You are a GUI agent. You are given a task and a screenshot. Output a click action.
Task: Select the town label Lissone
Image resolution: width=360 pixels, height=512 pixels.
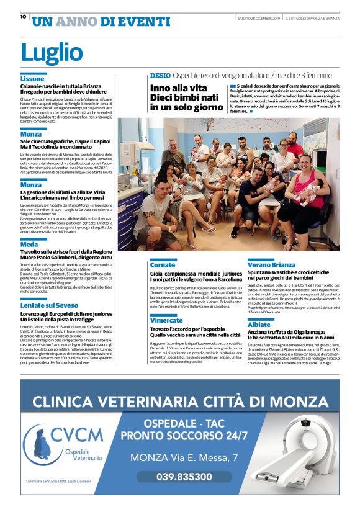pos(32,79)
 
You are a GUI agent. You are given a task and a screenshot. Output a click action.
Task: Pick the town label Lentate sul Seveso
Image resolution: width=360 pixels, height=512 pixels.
pos(49,305)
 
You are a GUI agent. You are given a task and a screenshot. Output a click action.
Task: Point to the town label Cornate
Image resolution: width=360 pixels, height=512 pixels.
pos(163,265)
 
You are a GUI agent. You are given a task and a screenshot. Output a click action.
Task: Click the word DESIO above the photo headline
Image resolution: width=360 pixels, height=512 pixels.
pos(159,75)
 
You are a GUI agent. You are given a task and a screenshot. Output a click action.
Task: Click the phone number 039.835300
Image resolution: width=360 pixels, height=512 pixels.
pos(176,477)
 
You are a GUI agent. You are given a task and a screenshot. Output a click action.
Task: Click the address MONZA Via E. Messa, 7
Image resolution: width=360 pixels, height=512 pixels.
pos(184,458)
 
